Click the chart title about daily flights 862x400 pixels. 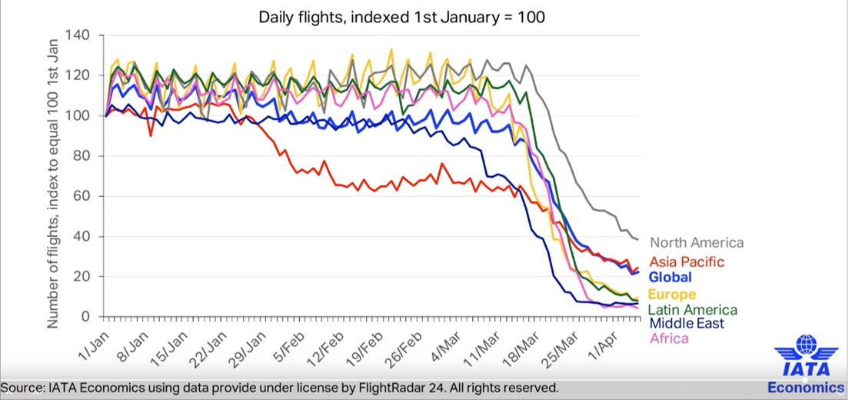(x=402, y=16)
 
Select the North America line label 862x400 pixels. (x=697, y=242)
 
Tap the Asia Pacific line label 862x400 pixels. (x=687, y=262)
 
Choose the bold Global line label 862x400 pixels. (x=670, y=278)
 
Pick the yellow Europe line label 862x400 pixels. (x=672, y=295)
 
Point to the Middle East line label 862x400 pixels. (x=687, y=323)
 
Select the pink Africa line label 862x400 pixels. (x=669, y=338)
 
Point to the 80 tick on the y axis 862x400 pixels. (x=82, y=155)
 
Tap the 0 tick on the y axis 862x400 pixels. (x=86, y=316)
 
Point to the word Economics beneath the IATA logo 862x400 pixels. (x=805, y=387)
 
